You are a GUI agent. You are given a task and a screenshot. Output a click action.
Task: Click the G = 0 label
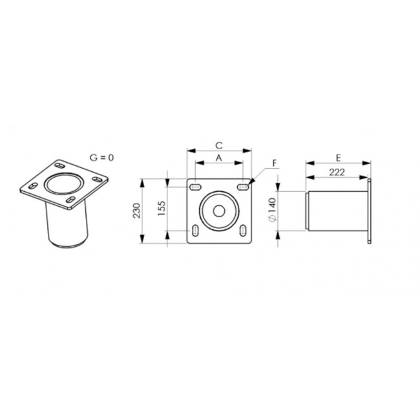101,158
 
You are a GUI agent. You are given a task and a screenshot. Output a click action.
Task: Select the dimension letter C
219,146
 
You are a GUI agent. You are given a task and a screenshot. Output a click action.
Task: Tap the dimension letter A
219,158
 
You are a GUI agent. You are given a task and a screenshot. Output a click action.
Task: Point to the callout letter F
275,163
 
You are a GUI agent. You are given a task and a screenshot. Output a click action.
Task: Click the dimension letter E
339,158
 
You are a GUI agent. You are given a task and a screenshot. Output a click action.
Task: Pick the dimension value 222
337,173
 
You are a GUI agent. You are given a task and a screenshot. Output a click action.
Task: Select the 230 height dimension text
137,211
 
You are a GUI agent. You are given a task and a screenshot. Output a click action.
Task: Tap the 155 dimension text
162,209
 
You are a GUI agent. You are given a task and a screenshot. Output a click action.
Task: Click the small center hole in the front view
219,211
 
